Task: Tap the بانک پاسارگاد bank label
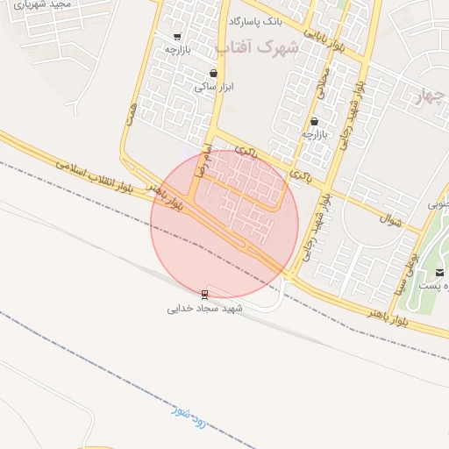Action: pos(255,19)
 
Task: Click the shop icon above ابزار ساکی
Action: pos(214,74)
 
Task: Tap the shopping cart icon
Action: pos(178,37)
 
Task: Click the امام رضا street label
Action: pos(204,150)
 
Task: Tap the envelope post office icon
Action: pos(439,273)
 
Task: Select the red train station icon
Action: pos(205,294)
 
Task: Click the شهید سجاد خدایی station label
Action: pos(205,309)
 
